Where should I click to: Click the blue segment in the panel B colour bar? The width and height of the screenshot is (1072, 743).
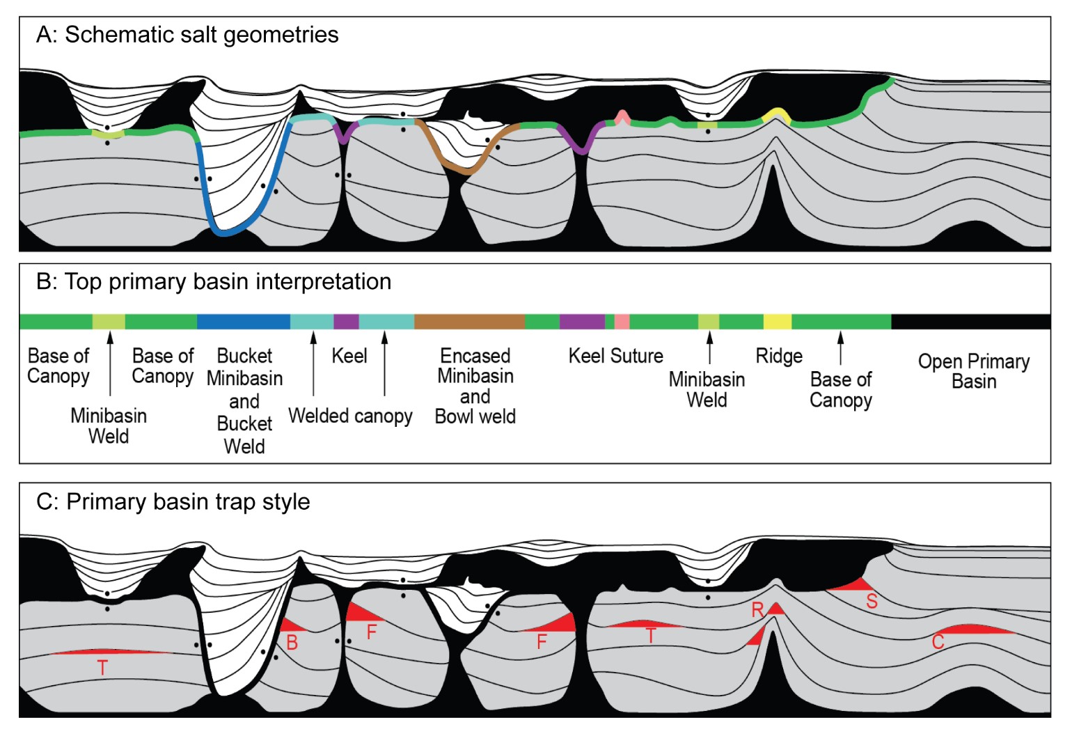click(x=243, y=322)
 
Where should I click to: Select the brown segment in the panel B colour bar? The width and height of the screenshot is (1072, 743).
click(x=469, y=322)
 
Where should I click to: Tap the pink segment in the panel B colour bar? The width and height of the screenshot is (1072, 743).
click(x=622, y=322)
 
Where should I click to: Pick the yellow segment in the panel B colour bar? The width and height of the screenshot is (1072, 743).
click(x=777, y=322)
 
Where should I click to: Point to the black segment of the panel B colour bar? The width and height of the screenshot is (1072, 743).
click(x=970, y=322)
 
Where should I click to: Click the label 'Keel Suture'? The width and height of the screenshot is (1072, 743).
click(x=615, y=356)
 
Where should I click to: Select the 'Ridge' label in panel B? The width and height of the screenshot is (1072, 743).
click(x=779, y=357)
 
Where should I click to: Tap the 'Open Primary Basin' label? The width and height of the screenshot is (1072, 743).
click(x=973, y=371)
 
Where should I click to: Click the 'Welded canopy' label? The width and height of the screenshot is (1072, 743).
click(x=350, y=416)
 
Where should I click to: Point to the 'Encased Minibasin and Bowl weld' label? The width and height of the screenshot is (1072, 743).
click(x=475, y=386)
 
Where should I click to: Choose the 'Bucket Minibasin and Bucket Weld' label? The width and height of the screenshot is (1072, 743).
click(x=244, y=400)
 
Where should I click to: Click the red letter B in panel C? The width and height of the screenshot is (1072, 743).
click(x=292, y=643)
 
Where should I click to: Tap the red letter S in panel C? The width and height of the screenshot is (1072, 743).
click(x=872, y=601)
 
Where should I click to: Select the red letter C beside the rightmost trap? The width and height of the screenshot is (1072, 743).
click(x=938, y=641)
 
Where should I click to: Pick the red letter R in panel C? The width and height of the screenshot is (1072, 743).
click(x=757, y=611)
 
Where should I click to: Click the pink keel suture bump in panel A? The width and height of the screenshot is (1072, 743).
click(x=622, y=116)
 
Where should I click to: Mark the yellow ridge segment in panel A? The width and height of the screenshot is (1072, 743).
click(x=777, y=114)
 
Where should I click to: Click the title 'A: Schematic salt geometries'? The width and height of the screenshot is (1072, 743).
click(x=187, y=35)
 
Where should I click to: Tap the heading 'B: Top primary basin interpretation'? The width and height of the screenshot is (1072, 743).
click(x=214, y=281)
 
